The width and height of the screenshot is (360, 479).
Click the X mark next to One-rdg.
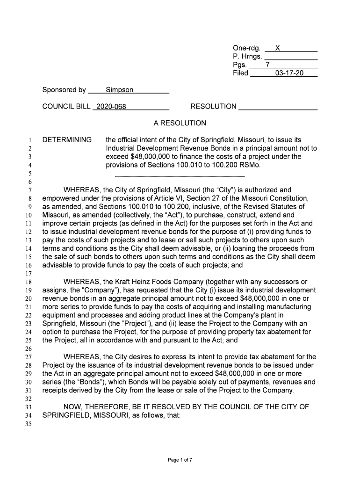coord(278,48)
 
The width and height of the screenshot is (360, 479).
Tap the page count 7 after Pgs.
coord(267,65)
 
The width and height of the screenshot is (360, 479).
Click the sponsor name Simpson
coord(119,90)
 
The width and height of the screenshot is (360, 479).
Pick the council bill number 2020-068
coord(111,107)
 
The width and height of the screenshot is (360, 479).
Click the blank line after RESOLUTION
coord(278,108)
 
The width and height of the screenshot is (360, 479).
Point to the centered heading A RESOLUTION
coord(180,123)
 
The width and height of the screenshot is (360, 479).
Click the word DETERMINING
coord(67,140)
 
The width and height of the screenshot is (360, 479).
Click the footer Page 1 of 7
coord(180,460)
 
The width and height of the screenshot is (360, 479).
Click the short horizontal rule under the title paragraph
coord(180,176)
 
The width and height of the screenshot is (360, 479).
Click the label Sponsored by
coord(64,90)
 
